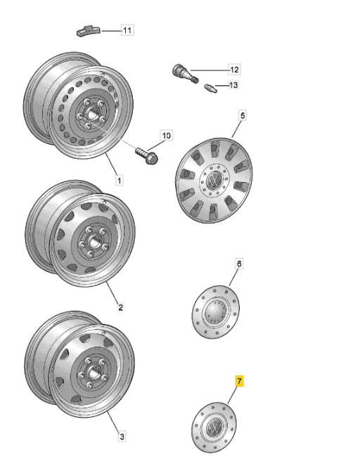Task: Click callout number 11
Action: pos(127,30)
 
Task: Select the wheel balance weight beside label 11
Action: pos(88,31)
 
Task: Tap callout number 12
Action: pos(234,70)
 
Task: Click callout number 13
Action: pos(233,84)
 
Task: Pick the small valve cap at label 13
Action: pos(210,89)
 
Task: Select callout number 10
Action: pos(167,136)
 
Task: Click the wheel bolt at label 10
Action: pos(147,155)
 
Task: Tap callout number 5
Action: pos(242,116)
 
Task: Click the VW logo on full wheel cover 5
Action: pos(214,180)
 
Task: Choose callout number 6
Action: pos(239,264)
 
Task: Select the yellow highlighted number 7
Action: pos(240,381)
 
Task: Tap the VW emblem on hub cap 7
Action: pos(214,427)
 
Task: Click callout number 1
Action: pos(120,180)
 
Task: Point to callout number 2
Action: pos(120,307)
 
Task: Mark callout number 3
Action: pos(122,437)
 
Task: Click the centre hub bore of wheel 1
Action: pos(91,114)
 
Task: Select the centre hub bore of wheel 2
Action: pos(93,242)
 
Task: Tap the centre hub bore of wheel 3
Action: pos(92,372)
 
